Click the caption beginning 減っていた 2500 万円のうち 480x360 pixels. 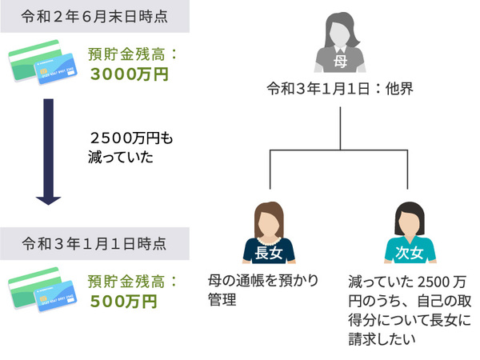[410, 310]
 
